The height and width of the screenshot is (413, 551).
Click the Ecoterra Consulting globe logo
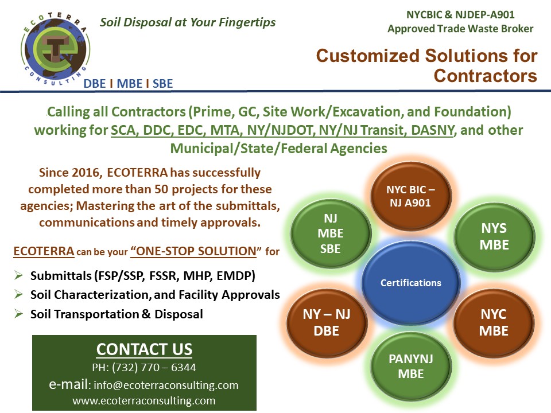click(55, 48)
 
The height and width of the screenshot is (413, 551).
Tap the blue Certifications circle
click(410, 283)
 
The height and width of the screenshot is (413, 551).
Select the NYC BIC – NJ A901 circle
click(410, 196)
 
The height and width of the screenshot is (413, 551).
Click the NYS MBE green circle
click(494, 237)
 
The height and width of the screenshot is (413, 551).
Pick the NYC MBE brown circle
click(494, 322)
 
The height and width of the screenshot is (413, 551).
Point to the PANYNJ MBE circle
click(411, 367)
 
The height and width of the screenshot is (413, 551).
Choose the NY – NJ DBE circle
click(327, 322)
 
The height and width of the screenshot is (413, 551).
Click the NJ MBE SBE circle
click(331, 233)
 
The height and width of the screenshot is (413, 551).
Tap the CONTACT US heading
click(145, 349)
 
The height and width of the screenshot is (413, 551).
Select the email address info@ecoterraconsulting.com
click(166, 385)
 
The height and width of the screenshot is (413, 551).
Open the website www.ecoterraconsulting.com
click(144, 401)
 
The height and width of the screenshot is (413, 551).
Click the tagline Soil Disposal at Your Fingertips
click(188, 22)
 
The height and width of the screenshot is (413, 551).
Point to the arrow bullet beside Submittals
click(18, 275)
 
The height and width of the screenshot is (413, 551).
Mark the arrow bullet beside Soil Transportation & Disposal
click(18, 314)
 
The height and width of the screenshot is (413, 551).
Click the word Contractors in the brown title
click(486, 76)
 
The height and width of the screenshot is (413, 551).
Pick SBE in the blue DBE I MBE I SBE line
click(162, 84)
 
